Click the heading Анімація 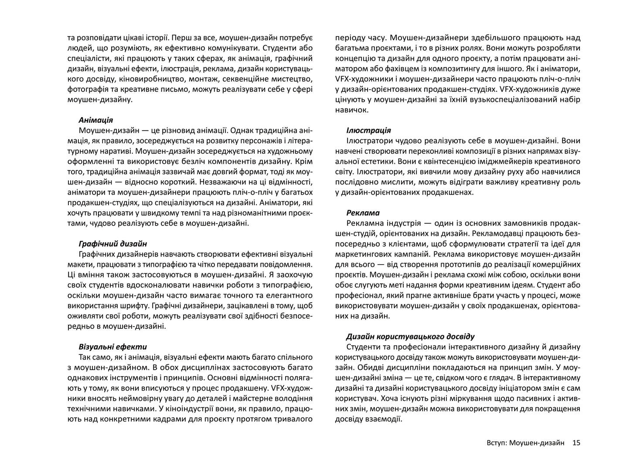pyautogui.click(x=96, y=120)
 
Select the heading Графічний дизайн pyautogui.click(x=113, y=244)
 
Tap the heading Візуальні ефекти pyautogui.click(x=113, y=347)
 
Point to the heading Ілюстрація pyautogui.click(x=368, y=131)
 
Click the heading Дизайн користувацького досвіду pyautogui.click(x=410, y=337)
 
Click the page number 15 pyautogui.click(x=576, y=443)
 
